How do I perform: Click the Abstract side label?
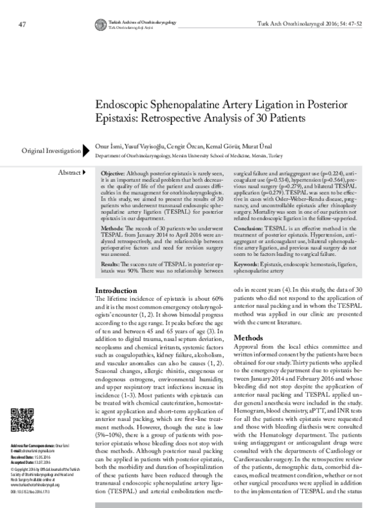tap(67, 173)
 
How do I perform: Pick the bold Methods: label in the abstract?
tap(114, 231)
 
